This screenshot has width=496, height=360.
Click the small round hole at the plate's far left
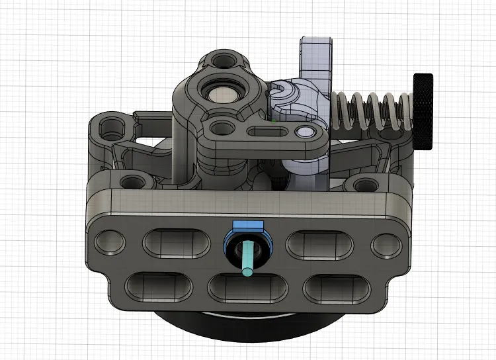[x=109, y=243]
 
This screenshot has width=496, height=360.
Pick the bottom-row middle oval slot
[x=247, y=287]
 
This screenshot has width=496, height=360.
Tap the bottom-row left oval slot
[x=155, y=286]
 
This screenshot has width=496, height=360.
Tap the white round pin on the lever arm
[x=305, y=134]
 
